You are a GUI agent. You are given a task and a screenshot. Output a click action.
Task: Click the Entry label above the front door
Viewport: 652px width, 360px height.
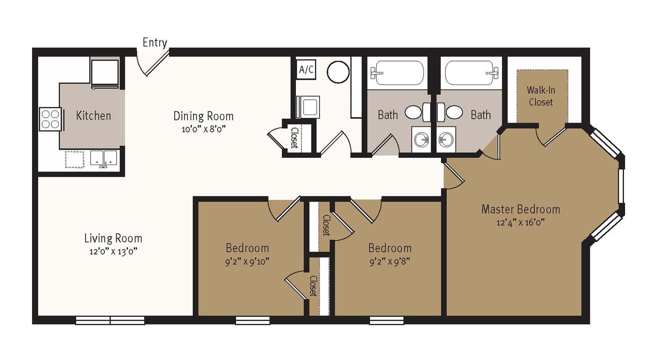pos(154,43)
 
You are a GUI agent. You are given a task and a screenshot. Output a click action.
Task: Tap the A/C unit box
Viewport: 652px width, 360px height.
pos(306,70)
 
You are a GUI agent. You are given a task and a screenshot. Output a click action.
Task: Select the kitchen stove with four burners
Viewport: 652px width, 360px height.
pos(50,119)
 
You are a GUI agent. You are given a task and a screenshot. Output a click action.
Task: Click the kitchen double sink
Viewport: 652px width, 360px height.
pos(104,159)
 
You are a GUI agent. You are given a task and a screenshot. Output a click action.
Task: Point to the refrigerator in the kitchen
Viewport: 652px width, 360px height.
pos(105,73)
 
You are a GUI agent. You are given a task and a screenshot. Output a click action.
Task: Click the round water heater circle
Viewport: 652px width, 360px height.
pos(338,72)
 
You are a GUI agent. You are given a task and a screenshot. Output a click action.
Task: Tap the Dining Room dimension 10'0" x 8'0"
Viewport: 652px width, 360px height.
pos(204,129)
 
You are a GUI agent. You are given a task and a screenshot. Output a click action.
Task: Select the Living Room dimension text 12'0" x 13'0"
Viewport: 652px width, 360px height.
pos(113,251)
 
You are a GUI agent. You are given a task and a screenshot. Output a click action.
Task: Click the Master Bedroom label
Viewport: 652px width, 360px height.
pos(521,209)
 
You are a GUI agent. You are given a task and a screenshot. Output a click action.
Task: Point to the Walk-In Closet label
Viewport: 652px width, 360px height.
pos(541,96)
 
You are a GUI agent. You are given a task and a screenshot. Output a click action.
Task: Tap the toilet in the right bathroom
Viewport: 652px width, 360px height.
pos(450,112)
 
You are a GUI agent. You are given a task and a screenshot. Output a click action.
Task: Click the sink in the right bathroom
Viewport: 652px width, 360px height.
pos(446,139)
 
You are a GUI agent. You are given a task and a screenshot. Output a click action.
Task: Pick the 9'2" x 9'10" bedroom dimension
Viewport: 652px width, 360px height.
pos(247,262)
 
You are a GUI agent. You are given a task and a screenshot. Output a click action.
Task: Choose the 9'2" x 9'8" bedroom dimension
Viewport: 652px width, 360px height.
pos(390,262)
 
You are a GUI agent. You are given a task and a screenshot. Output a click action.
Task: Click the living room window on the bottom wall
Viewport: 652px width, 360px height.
pos(110,320)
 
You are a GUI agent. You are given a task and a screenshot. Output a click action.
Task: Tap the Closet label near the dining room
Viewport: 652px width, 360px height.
pos(294,138)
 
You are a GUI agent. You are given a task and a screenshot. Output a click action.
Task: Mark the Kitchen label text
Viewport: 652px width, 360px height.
pos(94,116)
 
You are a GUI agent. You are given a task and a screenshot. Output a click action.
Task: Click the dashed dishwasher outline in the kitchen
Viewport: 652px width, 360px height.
pos(74,159)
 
